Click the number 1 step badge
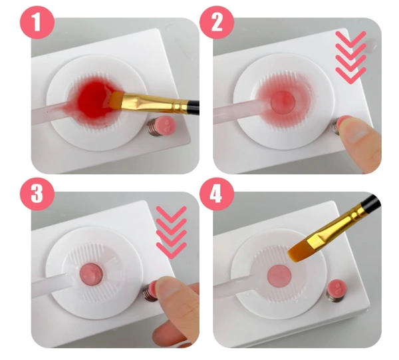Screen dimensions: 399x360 coord(37,22)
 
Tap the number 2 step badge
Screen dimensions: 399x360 coord(217,22)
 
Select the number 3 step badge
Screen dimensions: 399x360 coord(37,194)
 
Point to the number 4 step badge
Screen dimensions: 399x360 coord(217,194)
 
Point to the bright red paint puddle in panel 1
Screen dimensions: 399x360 coord(94,100)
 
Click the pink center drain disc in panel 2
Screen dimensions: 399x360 coord(283,102)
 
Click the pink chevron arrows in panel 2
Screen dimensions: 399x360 coord(350,57)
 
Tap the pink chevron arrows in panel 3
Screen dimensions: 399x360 coord(172,233)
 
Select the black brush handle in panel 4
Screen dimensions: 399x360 coord(371,203)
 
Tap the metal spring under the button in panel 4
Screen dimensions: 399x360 coord(334,295)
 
